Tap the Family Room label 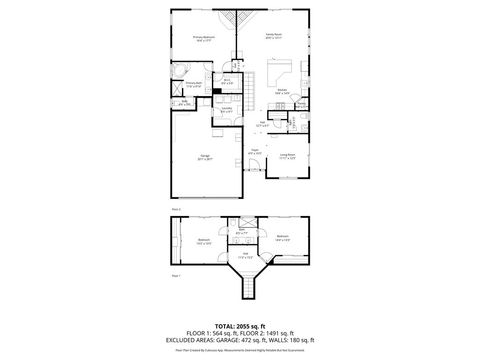pos(273,36)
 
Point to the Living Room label pos(287,155)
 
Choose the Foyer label pos(255,151)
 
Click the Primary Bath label pos(191,86)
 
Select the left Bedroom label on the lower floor pos(204,240)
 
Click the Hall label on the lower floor pos(245,255)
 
